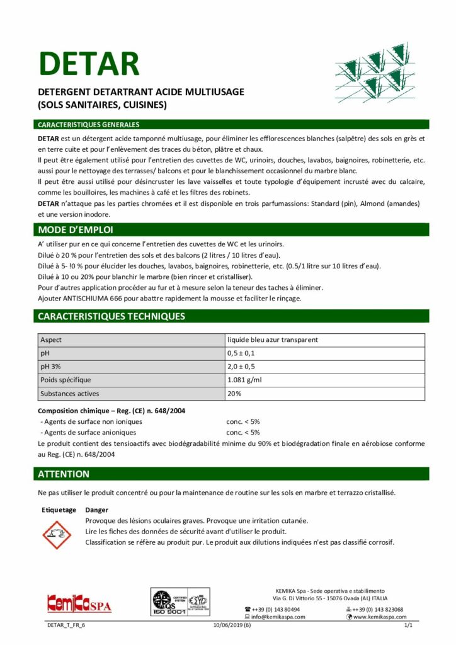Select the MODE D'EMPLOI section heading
[76, 229]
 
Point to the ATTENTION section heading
[64, 474]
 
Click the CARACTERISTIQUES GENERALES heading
[89, 125]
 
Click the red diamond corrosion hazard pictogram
[57, 535]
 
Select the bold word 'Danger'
[96, 510]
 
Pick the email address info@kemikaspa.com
[278, 617]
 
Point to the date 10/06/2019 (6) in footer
[227, 625]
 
